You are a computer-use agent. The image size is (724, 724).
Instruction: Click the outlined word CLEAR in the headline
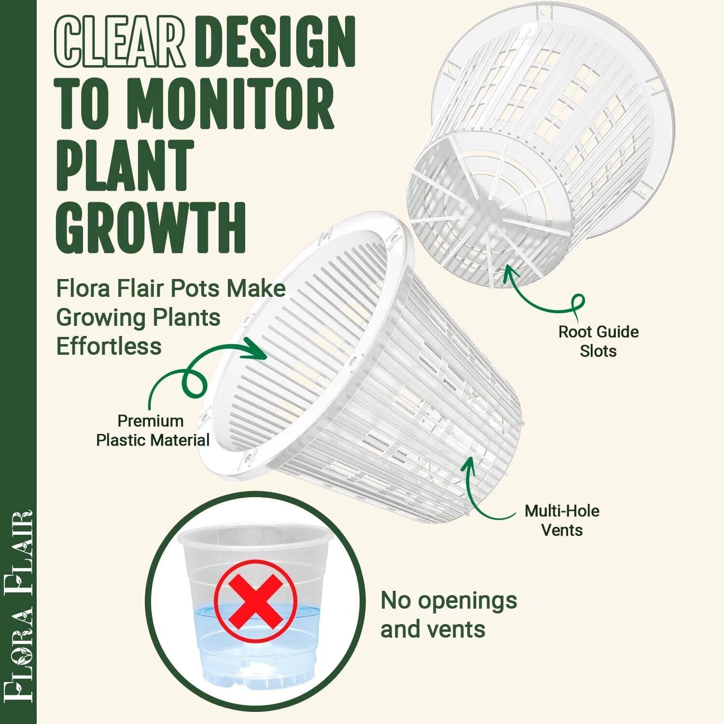pos(121,42)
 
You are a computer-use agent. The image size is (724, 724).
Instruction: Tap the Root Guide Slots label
pos(599,341)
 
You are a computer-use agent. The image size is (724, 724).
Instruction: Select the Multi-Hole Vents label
pos(562,520)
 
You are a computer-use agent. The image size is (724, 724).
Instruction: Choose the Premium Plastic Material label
pos(153,430)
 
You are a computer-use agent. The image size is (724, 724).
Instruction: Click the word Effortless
pos(109,346)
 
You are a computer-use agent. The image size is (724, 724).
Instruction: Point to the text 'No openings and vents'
pos(448,615)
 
